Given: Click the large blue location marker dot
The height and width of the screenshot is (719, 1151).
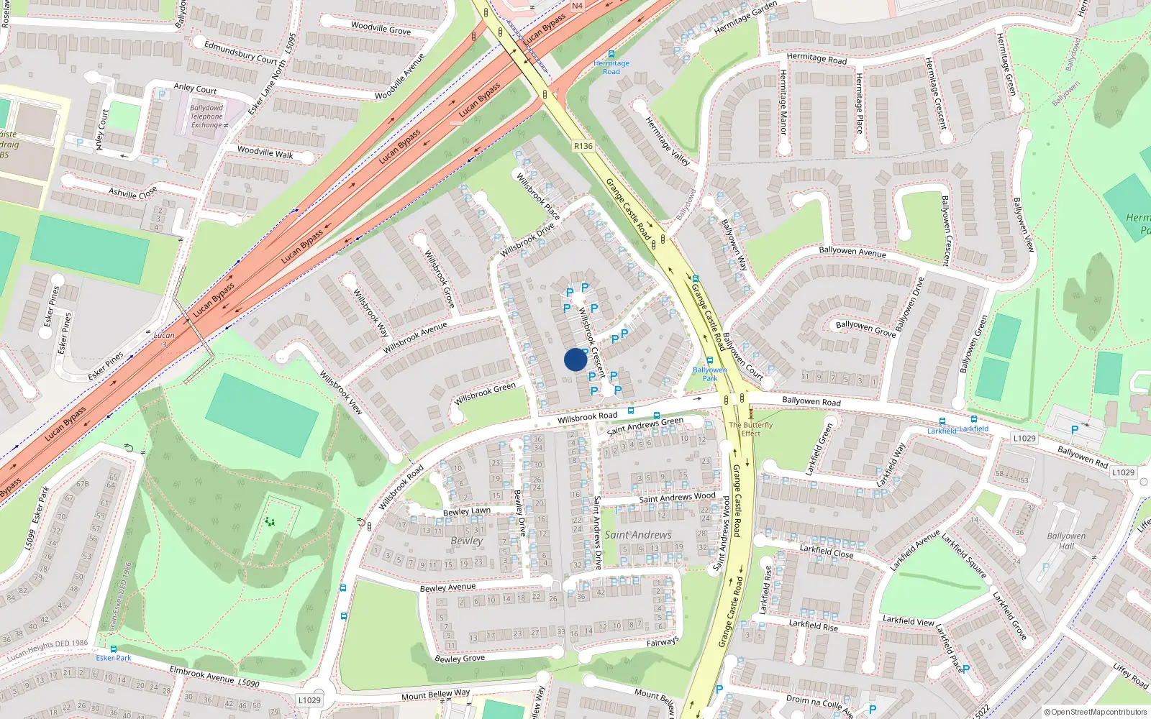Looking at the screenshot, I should [575, 359].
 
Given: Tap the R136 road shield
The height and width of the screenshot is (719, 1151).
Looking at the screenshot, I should [583, 146].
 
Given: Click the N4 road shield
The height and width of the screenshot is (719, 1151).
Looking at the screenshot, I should [577, 6].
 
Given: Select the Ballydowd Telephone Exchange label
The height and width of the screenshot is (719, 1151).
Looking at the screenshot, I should [206, 116].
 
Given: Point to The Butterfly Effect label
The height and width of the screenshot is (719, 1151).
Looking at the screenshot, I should [750, 429].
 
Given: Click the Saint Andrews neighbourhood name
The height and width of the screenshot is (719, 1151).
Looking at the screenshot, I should [637, 535].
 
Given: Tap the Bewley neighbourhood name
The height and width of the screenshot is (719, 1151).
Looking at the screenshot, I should [466, 541].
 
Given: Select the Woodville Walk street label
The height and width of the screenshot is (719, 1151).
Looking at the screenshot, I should [265, 152].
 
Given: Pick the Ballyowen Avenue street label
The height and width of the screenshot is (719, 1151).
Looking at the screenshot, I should [852, 251].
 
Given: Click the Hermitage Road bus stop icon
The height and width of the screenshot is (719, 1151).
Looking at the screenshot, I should [611, 54].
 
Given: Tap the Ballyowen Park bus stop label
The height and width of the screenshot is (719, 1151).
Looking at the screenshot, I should [709, 374].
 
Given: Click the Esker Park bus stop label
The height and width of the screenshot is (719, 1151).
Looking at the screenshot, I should [114, 658].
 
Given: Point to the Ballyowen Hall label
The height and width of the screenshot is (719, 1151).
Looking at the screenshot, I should [1066, 541].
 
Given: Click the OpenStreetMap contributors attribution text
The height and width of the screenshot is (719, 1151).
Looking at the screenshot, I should [1096, 713].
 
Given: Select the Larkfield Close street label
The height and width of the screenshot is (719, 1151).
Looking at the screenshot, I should [827, 551].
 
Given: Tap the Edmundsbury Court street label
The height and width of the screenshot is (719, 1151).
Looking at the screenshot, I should [240, 52].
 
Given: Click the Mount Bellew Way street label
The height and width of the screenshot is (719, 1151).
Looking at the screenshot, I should [435, 695].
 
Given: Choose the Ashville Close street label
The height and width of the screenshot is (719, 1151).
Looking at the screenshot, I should [132, 193].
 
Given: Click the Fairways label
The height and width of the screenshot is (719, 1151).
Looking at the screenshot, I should [662, 641].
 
